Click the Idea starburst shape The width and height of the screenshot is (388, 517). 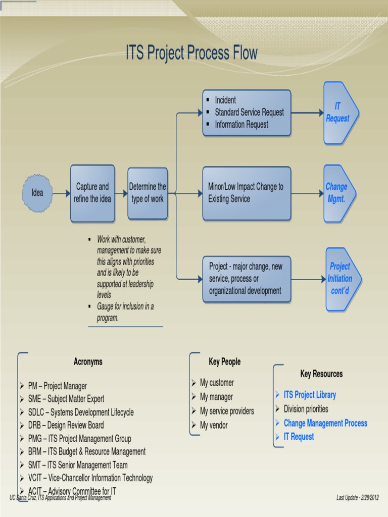click(x=37, y=193)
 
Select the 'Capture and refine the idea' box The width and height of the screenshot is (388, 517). click(x=92, y=193)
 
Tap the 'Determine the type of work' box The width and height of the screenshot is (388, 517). click(x=148, y=193)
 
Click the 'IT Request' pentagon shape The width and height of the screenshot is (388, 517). click(x=339, y=113)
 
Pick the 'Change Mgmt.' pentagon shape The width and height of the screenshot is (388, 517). click(x=338, y=193)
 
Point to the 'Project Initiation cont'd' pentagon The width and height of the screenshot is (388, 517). click(x=341, y=279)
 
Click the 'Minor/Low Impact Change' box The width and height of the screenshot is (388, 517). click(x=247, y=193)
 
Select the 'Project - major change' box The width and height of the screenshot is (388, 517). click(x=247, y=279)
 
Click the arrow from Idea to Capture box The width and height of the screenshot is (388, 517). click(x=61, y=193)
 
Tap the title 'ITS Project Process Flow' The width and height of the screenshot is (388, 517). click(x=191, y=53)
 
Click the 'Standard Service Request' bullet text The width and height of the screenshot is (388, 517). click(x=249, y=113)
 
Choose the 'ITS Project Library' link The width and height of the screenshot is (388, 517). click(x=309, y=395)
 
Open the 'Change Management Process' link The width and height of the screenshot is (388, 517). click(x=325, y=423)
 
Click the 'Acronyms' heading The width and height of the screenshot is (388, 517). click(x=88, y=361)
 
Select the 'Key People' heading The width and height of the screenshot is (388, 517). click(x=224, y=361)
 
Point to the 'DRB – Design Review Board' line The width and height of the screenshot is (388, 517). click(x=66, y=425)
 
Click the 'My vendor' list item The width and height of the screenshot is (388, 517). click(x=214, y=425)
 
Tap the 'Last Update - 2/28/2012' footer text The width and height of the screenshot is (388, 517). click(x=357, y=498)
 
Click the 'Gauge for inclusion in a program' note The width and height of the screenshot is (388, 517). click(x=125, y=312)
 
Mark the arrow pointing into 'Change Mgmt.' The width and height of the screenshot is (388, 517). click(x=307, y=193)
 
